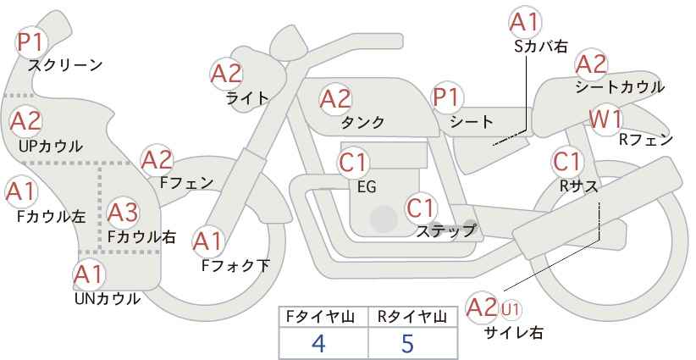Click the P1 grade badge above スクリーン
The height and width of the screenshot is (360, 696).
tap(31, 42)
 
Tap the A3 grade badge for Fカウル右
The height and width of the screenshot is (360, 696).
tap(123, 213)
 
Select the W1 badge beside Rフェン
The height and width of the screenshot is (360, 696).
tap(606, 119)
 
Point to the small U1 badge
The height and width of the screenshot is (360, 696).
tap(511, 309)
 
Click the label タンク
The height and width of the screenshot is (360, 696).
tap(362, 122)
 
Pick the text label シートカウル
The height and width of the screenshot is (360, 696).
tap(620, 87)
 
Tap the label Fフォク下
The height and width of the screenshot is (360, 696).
tap(235, 265)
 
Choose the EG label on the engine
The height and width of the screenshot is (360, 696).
tap(367, 187)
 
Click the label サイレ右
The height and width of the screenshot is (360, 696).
tap(514, 333)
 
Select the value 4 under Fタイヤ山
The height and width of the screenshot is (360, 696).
tap(318, 343)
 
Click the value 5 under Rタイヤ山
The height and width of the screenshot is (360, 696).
tap(407, 343)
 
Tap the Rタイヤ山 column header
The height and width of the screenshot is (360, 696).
tap(412, 317)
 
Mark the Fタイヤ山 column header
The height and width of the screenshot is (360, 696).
tap(320, 317)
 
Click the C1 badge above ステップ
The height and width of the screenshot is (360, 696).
tap(421, 208)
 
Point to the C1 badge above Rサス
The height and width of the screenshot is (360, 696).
tap(567, 162)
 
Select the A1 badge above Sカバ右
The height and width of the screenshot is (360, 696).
tap(526, 22)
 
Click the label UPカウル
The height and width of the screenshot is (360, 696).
tap(51, 146)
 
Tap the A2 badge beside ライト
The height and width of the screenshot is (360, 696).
tap(227, 74)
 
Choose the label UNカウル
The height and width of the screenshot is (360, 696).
tap(108, 299)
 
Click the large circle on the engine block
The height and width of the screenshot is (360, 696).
tap(384, 219)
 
